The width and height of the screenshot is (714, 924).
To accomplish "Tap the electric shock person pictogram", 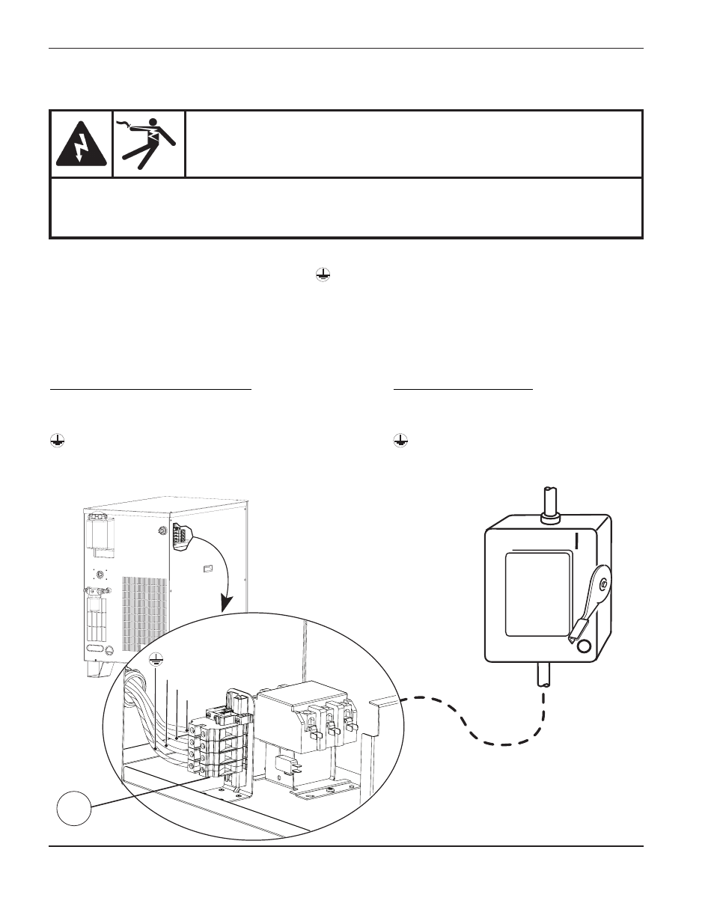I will click(149, 143).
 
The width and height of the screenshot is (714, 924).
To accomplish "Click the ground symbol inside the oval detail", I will click(156, 658).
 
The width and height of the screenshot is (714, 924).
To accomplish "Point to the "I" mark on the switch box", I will click(576, 540).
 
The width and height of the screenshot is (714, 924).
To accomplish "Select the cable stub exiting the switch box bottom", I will click(542, 677).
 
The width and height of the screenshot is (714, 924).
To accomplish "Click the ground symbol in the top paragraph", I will click(321, 276).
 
